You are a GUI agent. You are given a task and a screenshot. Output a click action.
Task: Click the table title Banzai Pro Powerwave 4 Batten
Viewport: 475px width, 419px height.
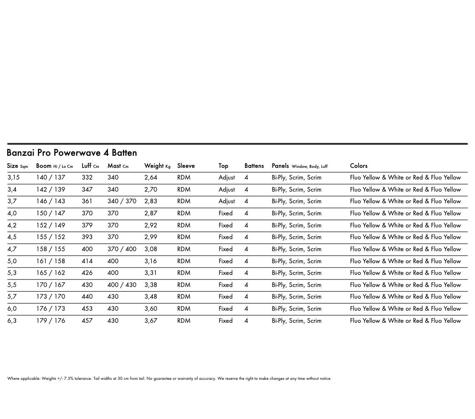pyautogui.click(x=72, y=153)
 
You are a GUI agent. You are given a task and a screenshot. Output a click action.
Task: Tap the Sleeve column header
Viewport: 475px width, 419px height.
pyautogui.click(x=186, y=166)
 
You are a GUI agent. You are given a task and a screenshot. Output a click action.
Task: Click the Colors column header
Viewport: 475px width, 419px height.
pyautogui.click(x=358, y=166)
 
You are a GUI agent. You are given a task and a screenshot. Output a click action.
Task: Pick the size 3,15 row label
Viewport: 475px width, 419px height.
pyautogui.click(x=13, y=177)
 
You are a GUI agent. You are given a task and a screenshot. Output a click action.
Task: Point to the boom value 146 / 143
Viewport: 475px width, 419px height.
pyautogui.click(x=50, y=201)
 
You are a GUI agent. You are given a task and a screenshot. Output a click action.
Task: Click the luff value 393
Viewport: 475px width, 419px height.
pyautogui.click(x=87, y=237)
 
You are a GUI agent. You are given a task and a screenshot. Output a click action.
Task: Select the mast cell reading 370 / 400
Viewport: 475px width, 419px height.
pyautogui.click(x=122, y=249)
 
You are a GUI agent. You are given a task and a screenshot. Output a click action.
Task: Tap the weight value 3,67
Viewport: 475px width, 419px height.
pyautogui.click(x=151, y=321)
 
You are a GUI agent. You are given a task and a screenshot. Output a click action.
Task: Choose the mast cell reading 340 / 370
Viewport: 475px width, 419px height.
pyautogui.click(x=122, y=201)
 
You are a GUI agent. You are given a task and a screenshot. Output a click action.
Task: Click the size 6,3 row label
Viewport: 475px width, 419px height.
pyautogui.click(x=12, y=321)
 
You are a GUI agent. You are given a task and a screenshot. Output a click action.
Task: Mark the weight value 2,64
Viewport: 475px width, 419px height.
pyautogui.click(x=151, y=177)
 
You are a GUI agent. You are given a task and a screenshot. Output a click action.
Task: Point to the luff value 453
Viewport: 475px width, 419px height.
pyautogui.click(x=87, y=309)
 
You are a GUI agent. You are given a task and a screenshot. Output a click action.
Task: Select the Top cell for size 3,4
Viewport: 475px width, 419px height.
pyautogui.click(x=227, y=190)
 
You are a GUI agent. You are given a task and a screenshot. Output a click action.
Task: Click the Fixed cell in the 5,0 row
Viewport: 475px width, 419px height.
pyautogui.click(x=225, y=261)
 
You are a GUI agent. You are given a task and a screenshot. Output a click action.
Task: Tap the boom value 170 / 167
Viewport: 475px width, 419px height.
pyautogui.click(x=50, y=285)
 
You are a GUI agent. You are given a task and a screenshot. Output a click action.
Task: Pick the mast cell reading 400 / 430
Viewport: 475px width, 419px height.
pyautogui.click(x=122, y=285)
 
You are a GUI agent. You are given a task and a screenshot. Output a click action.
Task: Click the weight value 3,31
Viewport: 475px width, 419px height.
pyautogui.click(x=151, y=273)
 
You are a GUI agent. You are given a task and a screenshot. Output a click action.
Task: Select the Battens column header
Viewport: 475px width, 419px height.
pyautogui.click(x=254, y=166)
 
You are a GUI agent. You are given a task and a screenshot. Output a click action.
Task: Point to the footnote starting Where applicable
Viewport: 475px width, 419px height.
pyautogui.click(x=169, y=379)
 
